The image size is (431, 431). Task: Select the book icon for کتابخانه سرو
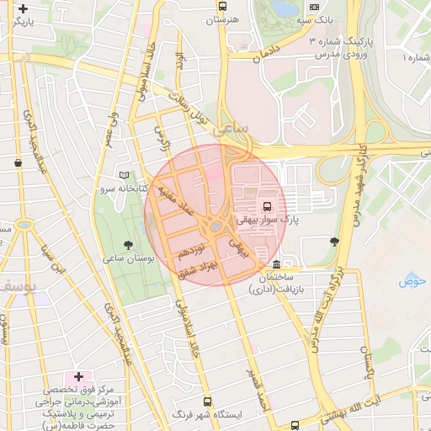[x=125, y=176]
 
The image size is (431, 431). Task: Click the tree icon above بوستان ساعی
[x=128, y=244]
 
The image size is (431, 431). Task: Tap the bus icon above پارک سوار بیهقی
[x=267, y=205]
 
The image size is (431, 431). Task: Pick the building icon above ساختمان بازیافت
[x=277, y=264]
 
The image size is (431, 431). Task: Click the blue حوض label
[x=413, y=280]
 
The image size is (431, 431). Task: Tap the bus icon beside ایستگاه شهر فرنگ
[x=208, y=402]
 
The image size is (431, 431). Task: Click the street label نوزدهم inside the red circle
[x=192, y=250]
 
